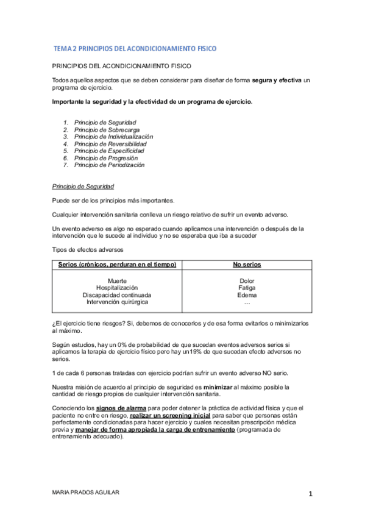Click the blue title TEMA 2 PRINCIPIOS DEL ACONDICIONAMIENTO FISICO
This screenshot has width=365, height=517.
click(x=135, y=48)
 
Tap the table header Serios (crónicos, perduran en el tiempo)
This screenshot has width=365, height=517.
click(x=117, y=265)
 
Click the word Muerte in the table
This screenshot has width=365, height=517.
click(x=117, y=280)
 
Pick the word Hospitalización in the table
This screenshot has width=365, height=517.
click(x=117, y=287)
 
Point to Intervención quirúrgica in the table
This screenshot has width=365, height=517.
click(x=117, y=302)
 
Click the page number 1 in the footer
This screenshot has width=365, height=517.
click(x=310, y=494)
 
